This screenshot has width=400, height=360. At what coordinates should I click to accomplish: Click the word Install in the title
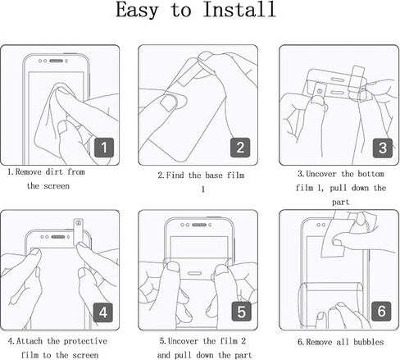pyautogui.click(x=239, y=9)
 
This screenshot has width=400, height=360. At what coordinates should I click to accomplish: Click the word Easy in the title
pyautogui.click(x=137, y=11)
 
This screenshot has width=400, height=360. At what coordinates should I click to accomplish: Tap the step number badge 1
pyautogui.click(x=104, y=148)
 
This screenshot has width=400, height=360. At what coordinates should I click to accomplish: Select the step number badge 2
pyautogui.click(x=240, y=148)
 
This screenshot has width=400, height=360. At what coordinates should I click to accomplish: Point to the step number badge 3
pyautogui.click(x=383, y=148)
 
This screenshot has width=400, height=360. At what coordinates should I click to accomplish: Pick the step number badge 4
pyautogui.click(x=103, y=312)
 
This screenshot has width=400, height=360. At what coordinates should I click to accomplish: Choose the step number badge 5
pyautogui.click(x=242, y=312)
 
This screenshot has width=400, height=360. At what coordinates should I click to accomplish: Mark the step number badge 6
pyautogui.click(x=381, y=312)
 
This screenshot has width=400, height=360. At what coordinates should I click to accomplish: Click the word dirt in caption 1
pyautogui.click(x=54, y=172)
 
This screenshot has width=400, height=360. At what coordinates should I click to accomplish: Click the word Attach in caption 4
pyautogui.click(x=30, y=341)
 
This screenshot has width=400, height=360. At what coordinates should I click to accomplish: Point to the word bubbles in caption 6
pyautogui.click(x=369, y=342)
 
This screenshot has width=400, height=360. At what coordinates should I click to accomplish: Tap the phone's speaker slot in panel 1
pyautogui.click(x=57, y=61)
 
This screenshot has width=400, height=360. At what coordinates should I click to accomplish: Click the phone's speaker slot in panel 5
pyautogui.click(x=199, y=225)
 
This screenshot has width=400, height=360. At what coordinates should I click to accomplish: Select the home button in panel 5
pyautogui.click(x=194, y=273)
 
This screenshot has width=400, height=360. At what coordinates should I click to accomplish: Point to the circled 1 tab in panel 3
pyautogui.click(x=319, y=90)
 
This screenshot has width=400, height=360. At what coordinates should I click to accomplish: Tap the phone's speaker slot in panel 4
pyautogui.click(x=58, y=237)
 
